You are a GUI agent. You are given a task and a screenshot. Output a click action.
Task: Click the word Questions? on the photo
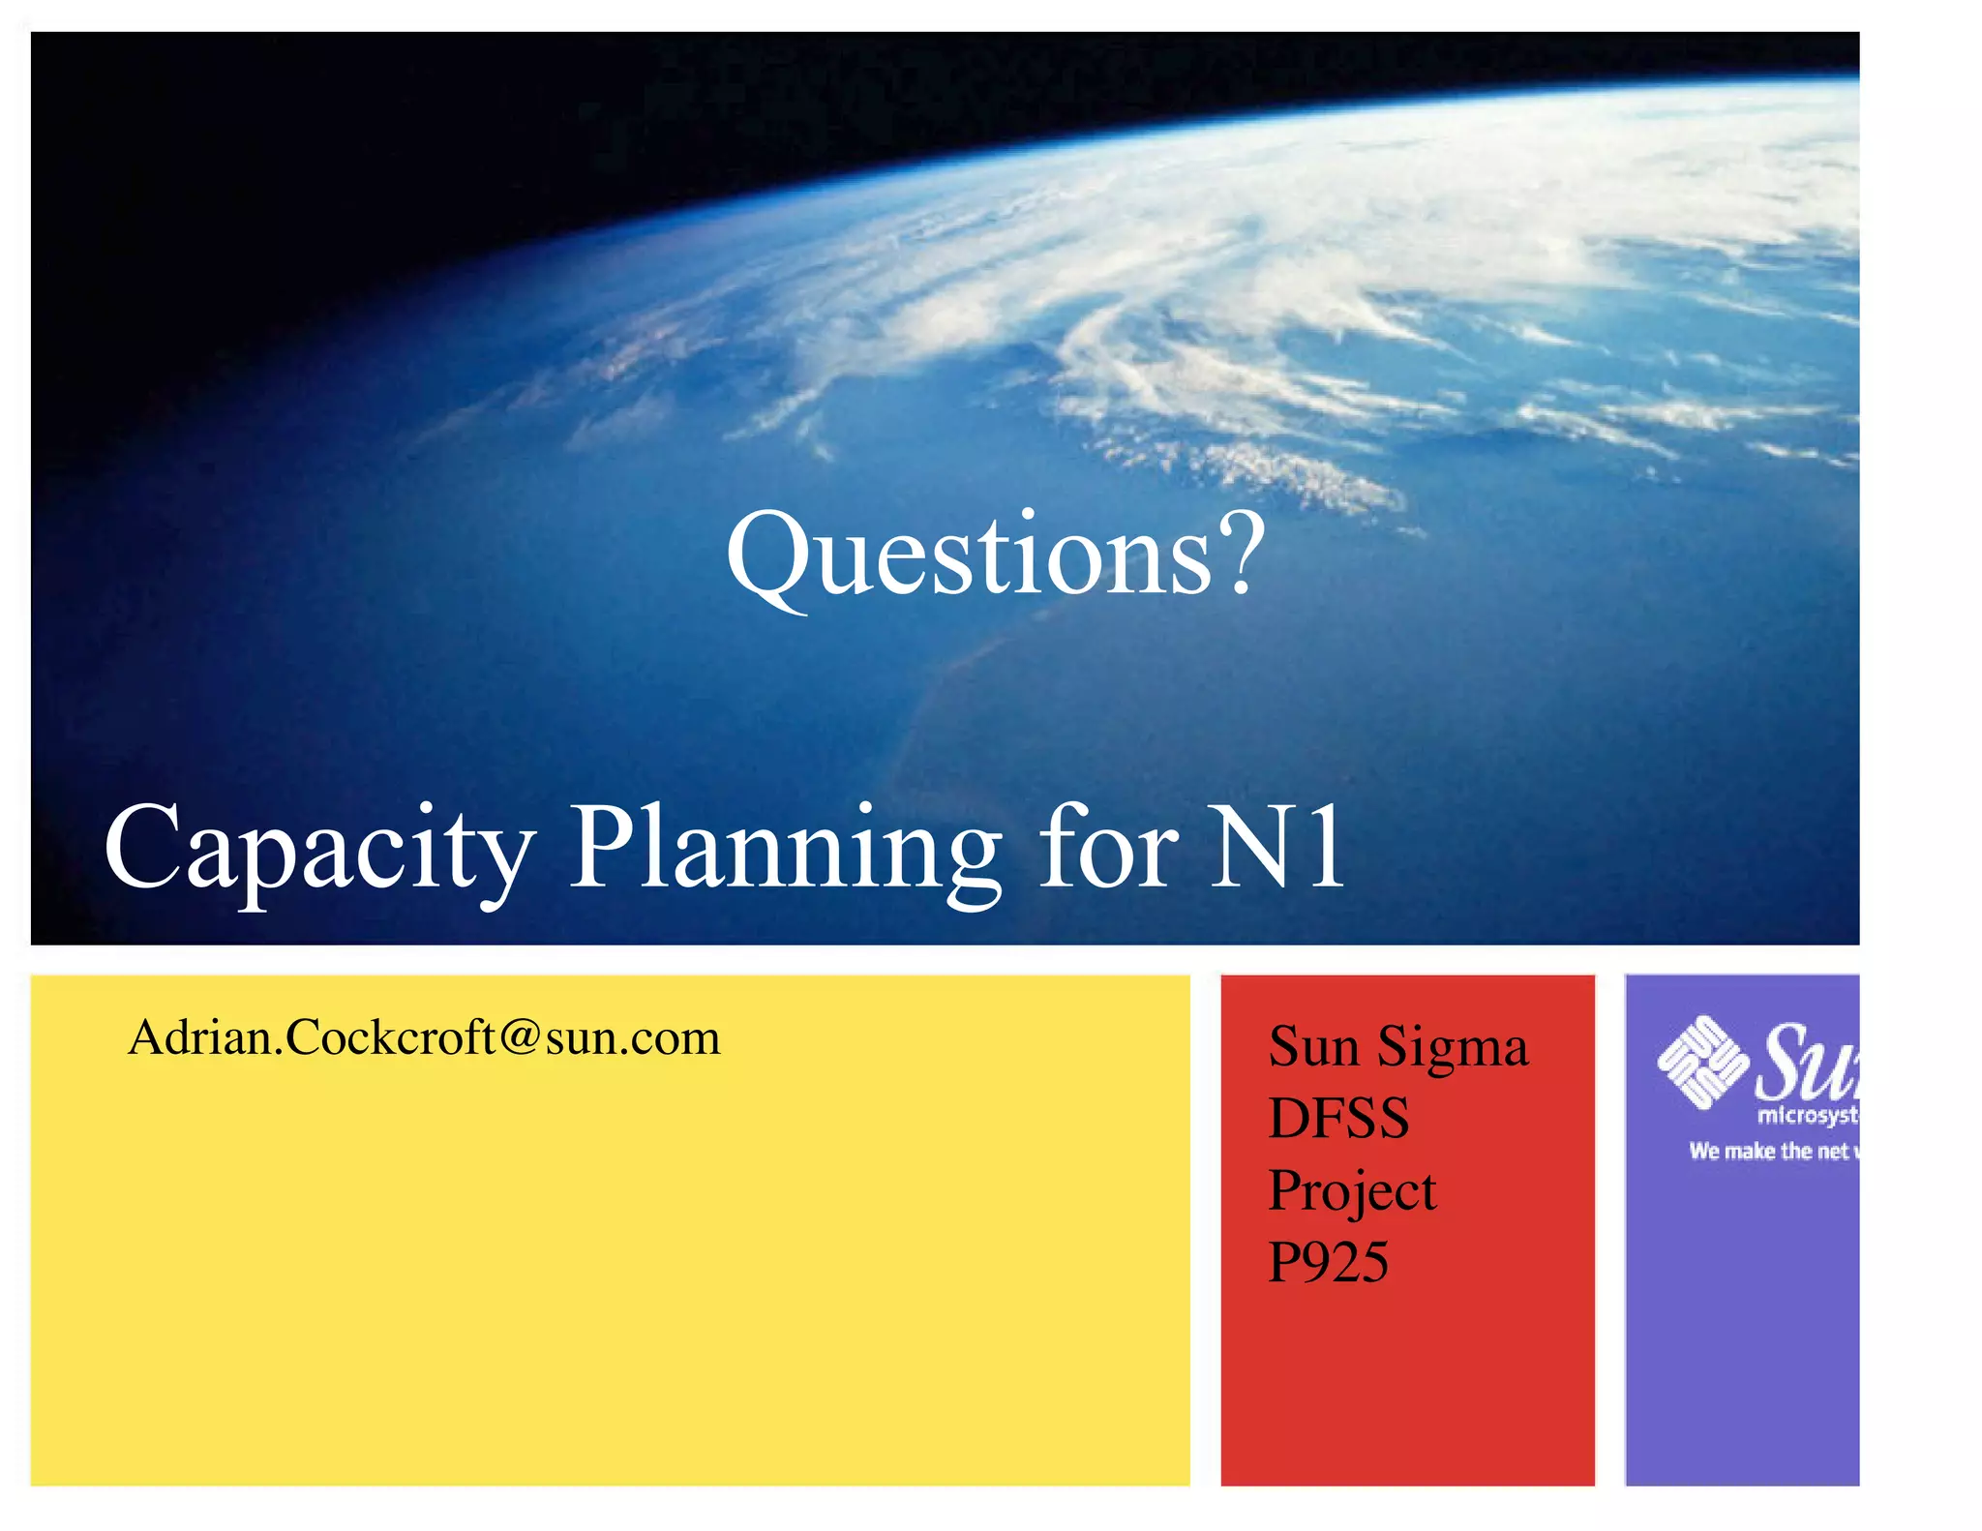click(995, 555)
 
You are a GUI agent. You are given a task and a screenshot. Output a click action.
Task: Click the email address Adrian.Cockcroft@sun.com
click(424, 1037)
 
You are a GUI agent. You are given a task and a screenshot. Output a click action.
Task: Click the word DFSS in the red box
click(1338, 1119)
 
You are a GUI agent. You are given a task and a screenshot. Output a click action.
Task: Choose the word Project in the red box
click(1352, 1192)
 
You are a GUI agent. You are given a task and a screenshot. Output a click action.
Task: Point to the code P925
click(1328, 1262)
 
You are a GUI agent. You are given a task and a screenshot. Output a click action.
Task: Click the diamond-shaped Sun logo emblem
click(1702, 1062)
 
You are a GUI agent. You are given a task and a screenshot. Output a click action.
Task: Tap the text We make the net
click(1768, 1151)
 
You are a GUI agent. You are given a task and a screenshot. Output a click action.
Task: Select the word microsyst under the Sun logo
click(1807, 1116)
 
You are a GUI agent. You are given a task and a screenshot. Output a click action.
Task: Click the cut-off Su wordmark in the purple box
click(1806, 1062)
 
